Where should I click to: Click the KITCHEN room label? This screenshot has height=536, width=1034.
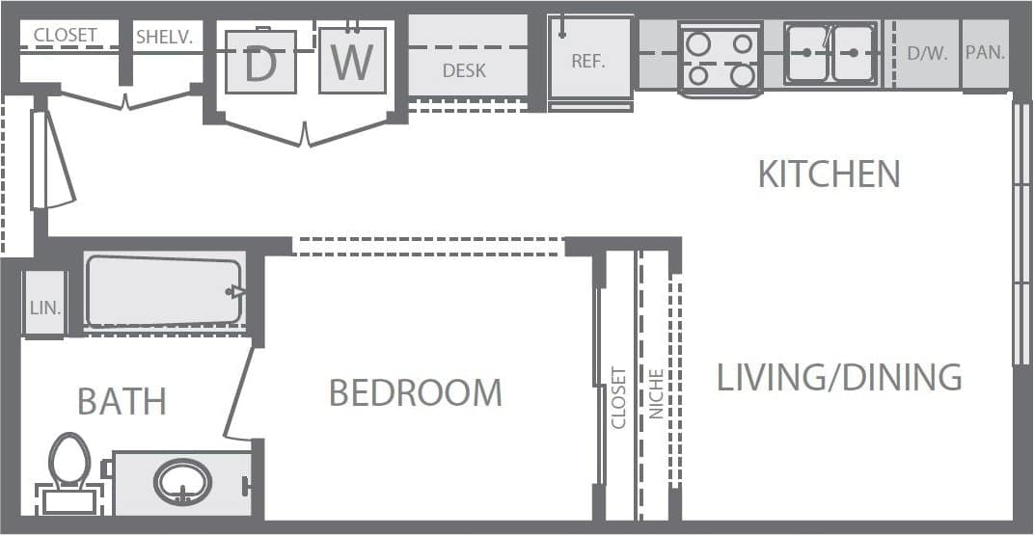point(829,174)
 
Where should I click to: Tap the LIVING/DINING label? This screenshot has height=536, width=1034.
point(838,377)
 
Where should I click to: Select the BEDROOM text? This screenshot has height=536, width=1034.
point(415,393)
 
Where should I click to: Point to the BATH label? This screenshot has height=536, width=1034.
point(122,401)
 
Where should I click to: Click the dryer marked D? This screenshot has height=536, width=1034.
point(259,63)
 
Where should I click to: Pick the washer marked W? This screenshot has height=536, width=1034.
point(352,62)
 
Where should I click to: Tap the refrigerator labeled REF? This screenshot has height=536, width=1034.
point(588,60)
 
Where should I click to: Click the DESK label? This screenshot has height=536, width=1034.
point(464,70)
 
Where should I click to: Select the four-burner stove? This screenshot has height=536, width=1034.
point(720,59)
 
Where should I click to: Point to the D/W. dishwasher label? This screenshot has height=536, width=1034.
point(927,53)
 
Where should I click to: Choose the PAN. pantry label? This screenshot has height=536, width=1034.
point(985,52)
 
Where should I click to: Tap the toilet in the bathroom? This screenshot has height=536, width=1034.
point(69,463)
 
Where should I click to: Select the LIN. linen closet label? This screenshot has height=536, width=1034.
point(45,308)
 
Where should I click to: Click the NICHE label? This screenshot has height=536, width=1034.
point(656,393)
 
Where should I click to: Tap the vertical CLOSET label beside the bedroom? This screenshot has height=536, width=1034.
point(618,396)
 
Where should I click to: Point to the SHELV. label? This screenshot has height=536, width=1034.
point(164,37)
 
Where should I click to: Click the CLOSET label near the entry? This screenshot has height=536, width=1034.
point(66,35)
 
